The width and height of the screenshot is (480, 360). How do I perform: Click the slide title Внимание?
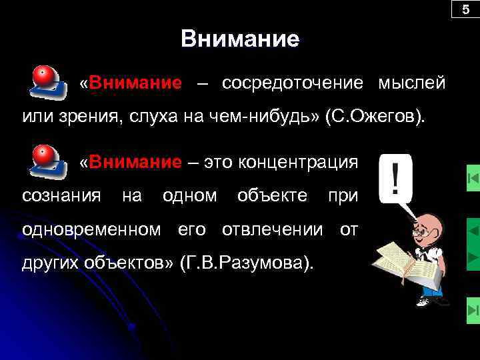[240, 39]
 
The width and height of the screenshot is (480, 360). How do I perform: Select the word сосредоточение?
[293, 83]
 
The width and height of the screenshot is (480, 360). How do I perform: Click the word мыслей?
[411, 83]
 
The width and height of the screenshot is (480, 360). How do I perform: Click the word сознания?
[62, 196]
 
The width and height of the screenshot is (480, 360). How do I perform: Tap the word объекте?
[273, 196]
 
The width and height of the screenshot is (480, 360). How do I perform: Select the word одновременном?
[91, 230]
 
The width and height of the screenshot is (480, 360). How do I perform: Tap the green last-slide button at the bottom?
[472, 310]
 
